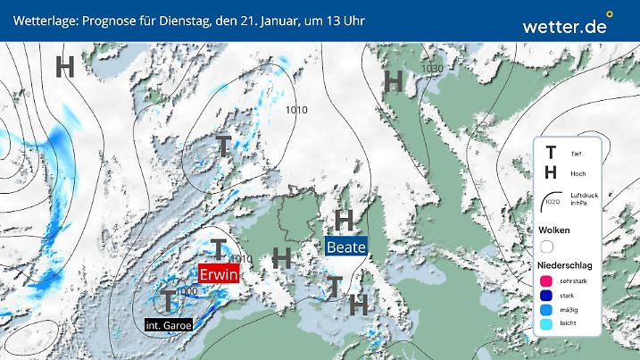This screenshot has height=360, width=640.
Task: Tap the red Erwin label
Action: pos(219,274)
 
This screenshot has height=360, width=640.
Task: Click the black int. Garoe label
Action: pos(169,324)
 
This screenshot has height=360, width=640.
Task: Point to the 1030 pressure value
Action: pos(433,69)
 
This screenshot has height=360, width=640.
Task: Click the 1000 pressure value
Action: pos(187,291)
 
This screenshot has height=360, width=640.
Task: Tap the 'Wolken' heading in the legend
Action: pos(554,230)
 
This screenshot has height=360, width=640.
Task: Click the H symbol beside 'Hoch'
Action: pos(552,172)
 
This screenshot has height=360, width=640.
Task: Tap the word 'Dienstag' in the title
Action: pos(187,19)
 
